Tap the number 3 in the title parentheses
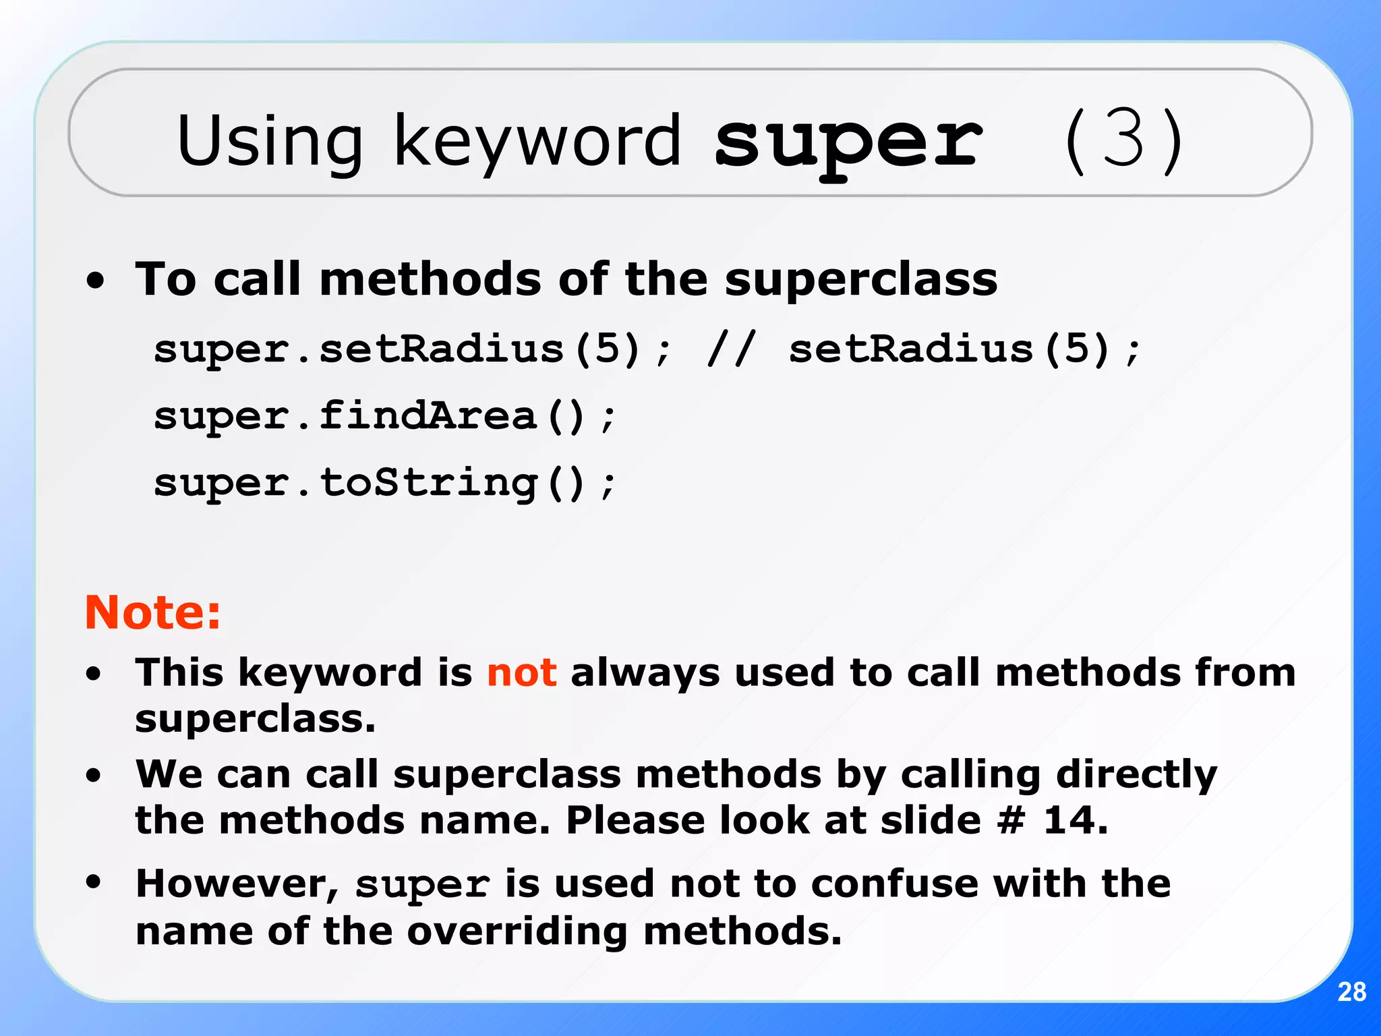point(1123,140)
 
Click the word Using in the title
point(270,142)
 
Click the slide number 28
point(1351,991)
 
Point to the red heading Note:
point(152,612)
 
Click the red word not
point(521,672)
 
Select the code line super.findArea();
point(384,416)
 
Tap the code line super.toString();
point(384,483)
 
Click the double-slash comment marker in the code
point(731,349)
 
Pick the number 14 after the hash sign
point(1075,820)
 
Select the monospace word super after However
point(423,885)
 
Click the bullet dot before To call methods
point(95,281)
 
